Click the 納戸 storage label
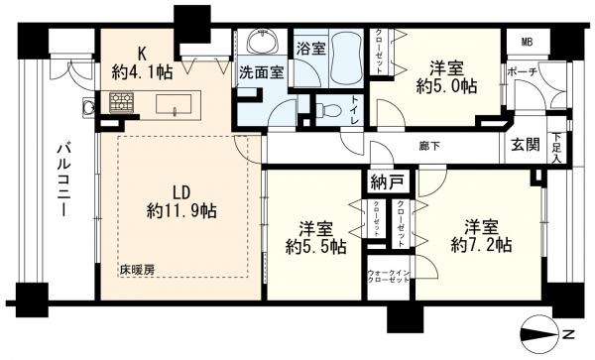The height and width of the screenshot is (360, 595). [387, 181]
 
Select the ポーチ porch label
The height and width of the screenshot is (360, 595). [522, 73]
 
